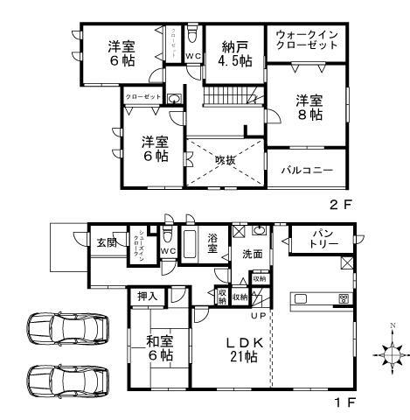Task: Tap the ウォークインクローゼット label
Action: point(305,40)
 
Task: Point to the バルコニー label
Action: point(305,170)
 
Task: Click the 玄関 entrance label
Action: point(107,241)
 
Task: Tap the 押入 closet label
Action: point(148,297)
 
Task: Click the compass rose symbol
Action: point(386,354)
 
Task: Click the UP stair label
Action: point(260,314)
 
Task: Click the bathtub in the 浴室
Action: point(189,241)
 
